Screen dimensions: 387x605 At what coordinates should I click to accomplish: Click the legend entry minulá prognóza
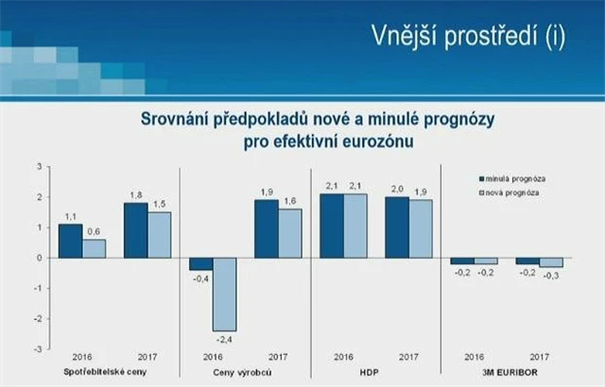pos(515,177)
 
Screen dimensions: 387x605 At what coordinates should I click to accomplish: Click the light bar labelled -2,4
pos(225,294)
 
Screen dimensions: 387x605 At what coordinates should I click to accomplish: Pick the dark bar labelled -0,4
pos(201,263)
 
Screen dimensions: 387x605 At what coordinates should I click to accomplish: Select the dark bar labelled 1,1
pos(71,241)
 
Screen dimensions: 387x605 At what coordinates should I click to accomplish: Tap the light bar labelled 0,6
pos(95,248)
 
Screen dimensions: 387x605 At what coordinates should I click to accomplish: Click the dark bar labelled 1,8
pos(136,230)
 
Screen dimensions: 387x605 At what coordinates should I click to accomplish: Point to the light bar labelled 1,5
pos(160,234)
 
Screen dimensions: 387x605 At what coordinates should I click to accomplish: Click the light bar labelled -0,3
pos(551,262)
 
